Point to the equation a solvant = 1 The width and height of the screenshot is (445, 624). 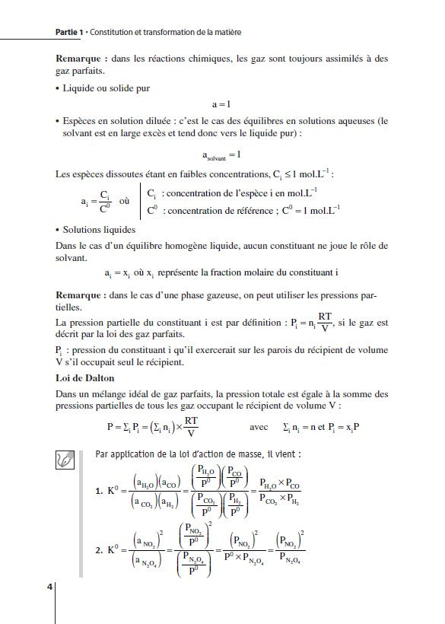(222, 156)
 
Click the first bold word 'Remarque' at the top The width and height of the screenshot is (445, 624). (81, 58)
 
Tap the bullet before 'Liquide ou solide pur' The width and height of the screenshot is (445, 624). (59, 88)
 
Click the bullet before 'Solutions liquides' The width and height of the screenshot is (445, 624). (59, 229)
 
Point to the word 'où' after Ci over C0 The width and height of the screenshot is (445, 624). (126, 202)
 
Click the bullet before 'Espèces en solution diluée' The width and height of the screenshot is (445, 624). (59, 121)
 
